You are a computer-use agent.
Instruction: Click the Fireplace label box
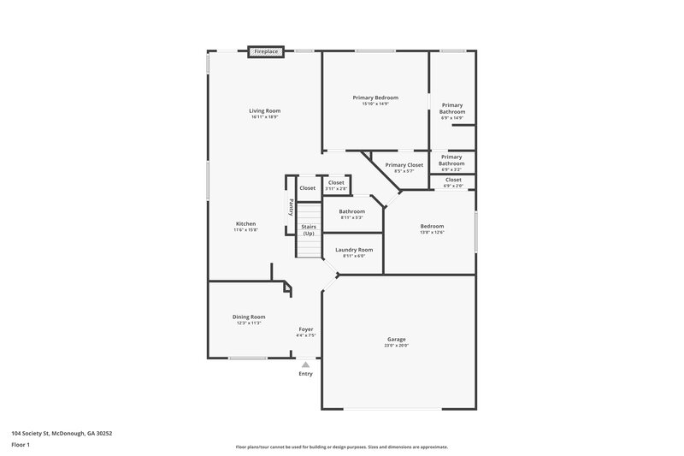[266, 52]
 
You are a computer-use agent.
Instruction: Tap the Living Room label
[265, 110]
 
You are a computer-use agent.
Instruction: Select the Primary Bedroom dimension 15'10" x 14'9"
[375, 104]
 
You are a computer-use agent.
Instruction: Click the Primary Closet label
[404, 164]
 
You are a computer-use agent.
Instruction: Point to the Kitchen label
[245, 223]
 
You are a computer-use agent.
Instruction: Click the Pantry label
[291, 207]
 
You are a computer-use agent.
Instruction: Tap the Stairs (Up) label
[309, 230]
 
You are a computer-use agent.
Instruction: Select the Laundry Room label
[353, 249]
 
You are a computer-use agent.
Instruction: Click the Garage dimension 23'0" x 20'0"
[397, 346]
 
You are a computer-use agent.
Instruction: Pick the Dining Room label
[250, 317]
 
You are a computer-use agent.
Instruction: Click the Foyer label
[305, 329]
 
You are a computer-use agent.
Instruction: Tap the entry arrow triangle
[305, 364]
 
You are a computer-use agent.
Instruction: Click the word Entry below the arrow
[305, 374]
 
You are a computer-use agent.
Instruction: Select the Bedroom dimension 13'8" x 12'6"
[432, 232]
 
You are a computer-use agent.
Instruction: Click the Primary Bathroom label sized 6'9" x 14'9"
[452, 109]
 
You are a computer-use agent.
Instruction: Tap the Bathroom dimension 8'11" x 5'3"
[351, 217]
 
